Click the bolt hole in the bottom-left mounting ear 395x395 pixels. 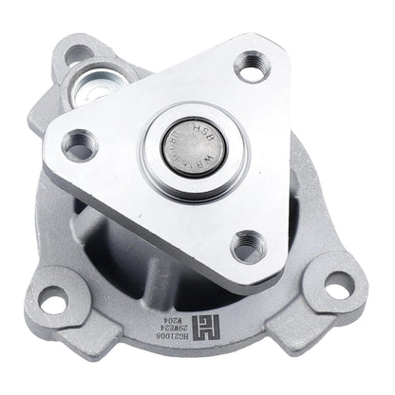click(54, 299)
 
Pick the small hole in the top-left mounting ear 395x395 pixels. click(74, 56)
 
